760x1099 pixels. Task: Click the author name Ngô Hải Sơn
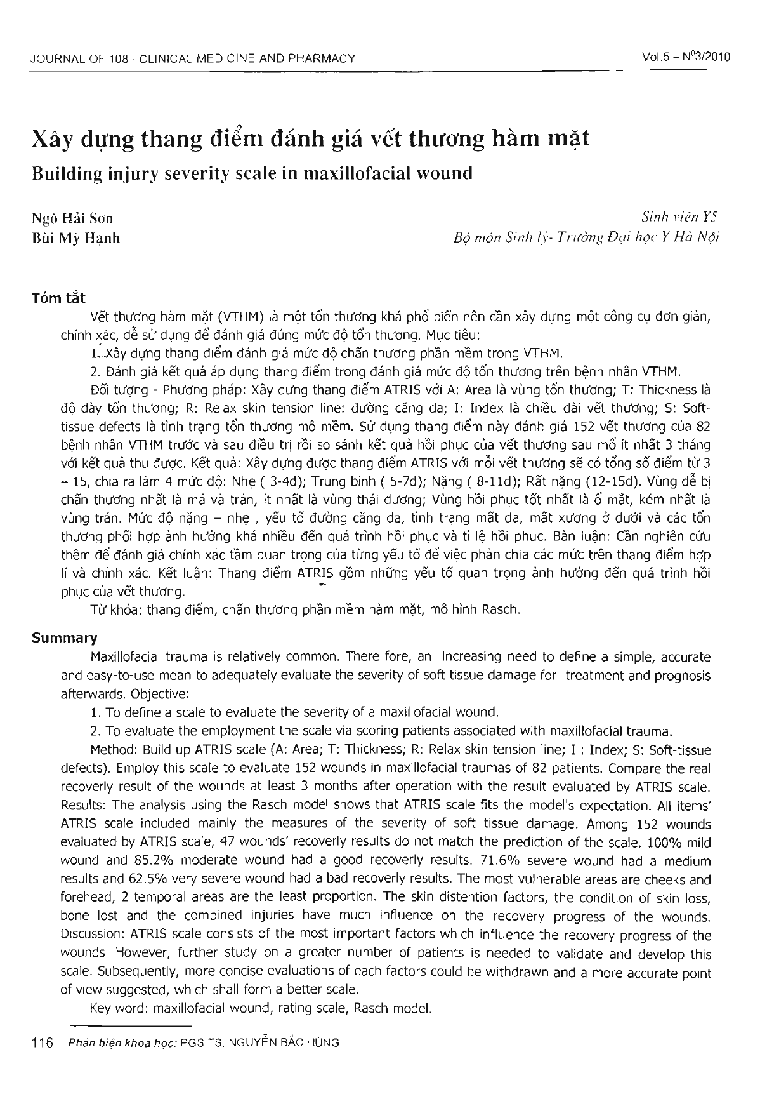72,220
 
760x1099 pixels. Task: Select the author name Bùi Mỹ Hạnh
75,238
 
